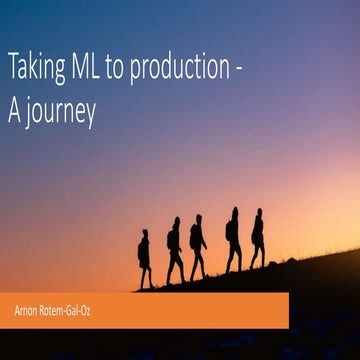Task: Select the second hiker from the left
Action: [x=174, y=250]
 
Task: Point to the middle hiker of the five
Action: [x=198, y=246]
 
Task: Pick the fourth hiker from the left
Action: [x=233, y=240]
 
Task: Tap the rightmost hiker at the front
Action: [x=258, y=238]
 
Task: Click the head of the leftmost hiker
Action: [x=145, y=234]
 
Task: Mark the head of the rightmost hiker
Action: [x=259, y=213]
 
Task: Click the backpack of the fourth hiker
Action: [x=228, y=230]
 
